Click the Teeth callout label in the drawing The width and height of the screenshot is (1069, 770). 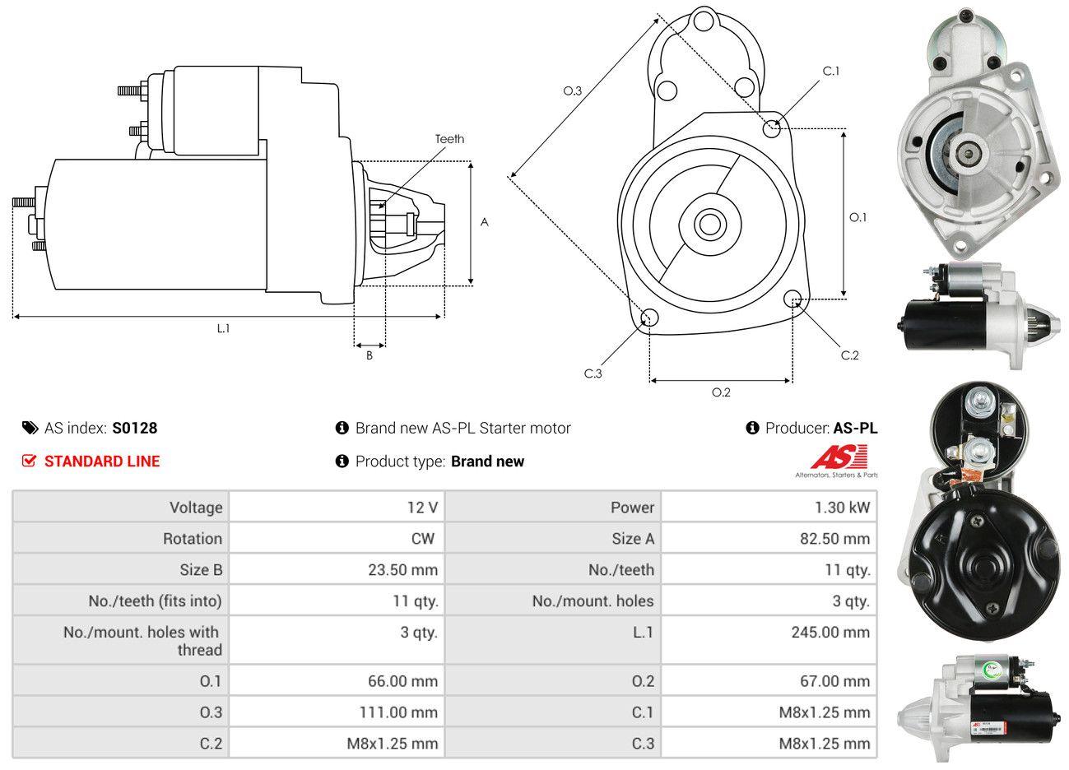449,139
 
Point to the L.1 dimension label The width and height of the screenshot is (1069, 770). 223,327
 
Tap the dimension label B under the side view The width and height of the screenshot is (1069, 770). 370,355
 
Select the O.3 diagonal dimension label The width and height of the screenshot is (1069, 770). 572,90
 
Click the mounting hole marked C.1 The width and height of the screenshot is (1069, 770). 772,128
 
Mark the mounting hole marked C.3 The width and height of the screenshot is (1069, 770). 649,318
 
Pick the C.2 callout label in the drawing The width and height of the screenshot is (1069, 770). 849,355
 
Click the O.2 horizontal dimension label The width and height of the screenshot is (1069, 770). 721,392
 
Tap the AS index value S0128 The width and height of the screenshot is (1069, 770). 135,428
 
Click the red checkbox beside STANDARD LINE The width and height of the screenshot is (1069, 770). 30,461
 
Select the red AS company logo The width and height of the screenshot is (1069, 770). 839,458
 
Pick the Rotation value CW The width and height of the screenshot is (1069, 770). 423,539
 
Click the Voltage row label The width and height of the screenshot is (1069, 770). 196,508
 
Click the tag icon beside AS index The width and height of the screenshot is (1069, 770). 30,428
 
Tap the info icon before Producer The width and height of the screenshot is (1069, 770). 752,428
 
